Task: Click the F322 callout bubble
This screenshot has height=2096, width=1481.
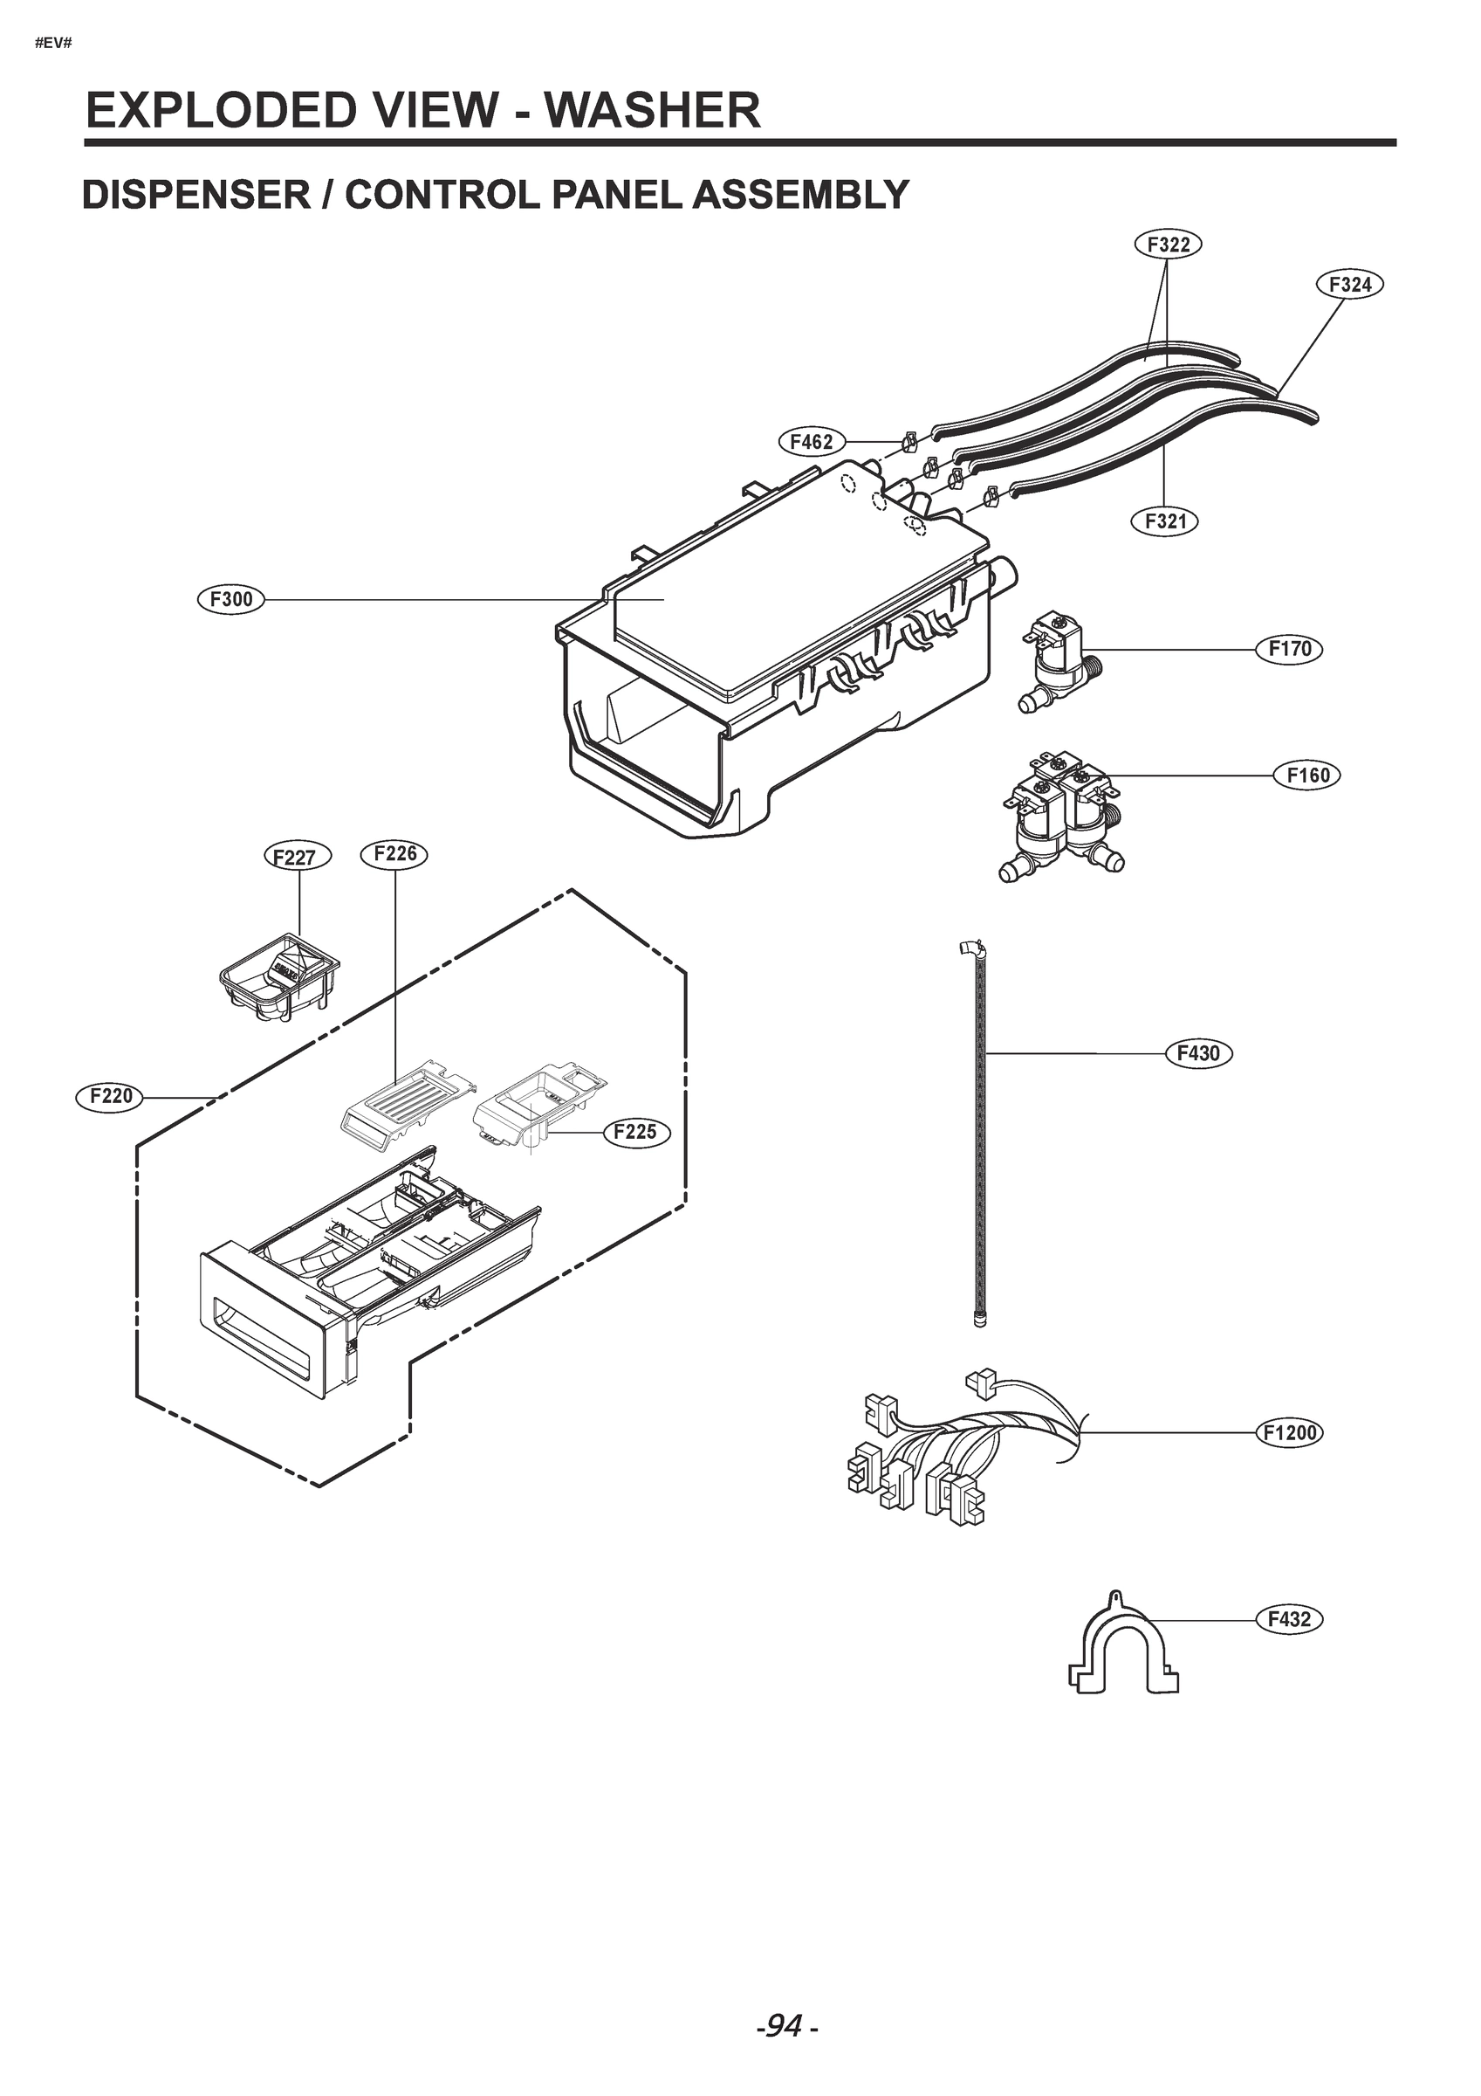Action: tap(1168, 245)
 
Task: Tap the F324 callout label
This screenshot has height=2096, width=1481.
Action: tap(1349, 285)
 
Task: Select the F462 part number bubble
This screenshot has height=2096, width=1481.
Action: tap(812, 442)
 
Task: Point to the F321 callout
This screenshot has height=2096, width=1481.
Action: tap(1165, 521)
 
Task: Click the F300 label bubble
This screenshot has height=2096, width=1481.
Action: tap(231, 600)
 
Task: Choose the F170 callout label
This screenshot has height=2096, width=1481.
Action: tap(1289, 649)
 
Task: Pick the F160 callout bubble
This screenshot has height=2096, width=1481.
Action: tap(1307, 775)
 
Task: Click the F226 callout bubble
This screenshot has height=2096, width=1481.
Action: tap(395, 853)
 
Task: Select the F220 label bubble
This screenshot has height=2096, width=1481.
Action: tap(111, 1095)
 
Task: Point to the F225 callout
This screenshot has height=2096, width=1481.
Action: tap(635, 1132)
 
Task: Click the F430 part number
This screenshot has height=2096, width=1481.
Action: tap(1198, 1052)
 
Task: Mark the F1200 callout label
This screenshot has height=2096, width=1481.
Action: tap(1289, 1432)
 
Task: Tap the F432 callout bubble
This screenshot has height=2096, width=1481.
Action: tap(1288, 1619)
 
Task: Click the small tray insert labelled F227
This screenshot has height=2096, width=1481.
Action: tap(279, 976)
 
